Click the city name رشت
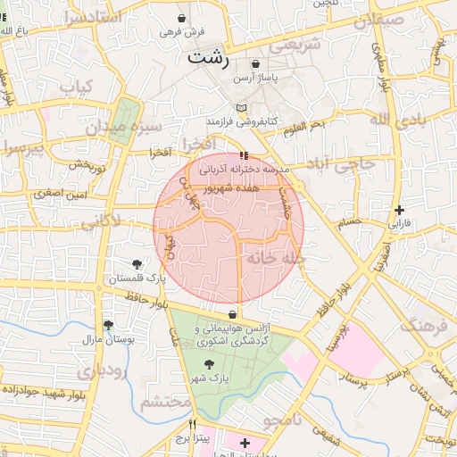click(208, 60)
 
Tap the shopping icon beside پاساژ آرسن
click(257, 64)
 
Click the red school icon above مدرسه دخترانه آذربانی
click(245, 156)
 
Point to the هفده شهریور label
click(254, 190)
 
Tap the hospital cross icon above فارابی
click(399, 210)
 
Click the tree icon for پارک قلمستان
click(136, 264)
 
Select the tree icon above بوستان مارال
click(108, 325)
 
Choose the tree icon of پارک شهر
click(209, 364)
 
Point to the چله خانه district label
click(277, 258)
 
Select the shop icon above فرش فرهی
click(183, 18)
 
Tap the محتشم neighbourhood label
click(166, 403)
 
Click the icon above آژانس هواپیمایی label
click(233, 314)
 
